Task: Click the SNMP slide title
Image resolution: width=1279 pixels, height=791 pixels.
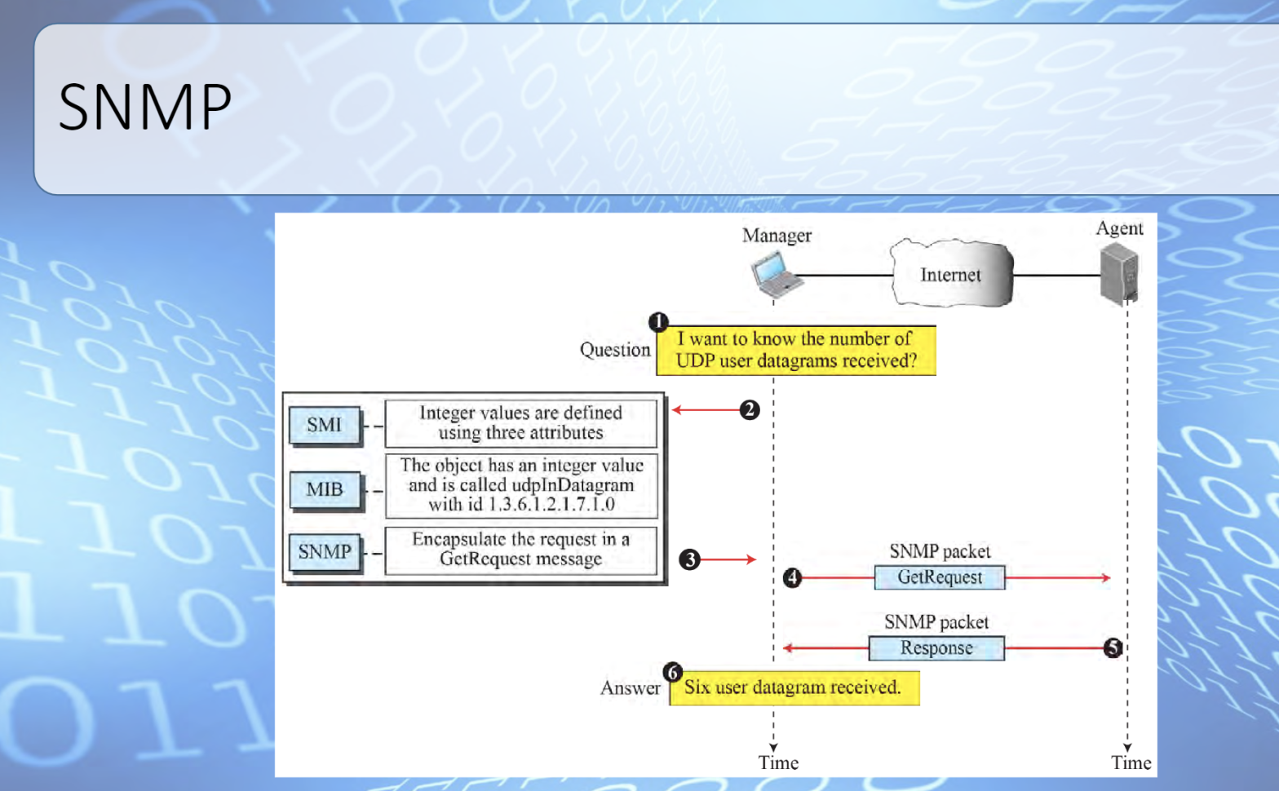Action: tap(145, 107)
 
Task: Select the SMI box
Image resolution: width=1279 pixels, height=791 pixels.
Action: tap(325, 425)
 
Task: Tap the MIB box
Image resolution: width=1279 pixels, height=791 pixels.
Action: tap(325, 489)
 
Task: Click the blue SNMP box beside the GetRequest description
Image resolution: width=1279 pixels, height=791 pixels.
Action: tap(325, 552)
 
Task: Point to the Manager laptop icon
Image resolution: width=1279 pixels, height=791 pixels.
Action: tap(776, 275)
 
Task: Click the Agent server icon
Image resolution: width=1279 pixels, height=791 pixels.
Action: tap(1118, 275)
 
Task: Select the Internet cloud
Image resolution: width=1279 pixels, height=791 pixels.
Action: tap(951, 274)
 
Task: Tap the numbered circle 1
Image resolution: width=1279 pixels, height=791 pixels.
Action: tap(658, 322)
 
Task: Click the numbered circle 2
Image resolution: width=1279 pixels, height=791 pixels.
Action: tap(750, 409)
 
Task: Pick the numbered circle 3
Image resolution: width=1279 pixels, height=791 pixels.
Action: tap(690, 559)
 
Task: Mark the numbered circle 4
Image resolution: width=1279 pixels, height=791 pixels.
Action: tap(792, 578)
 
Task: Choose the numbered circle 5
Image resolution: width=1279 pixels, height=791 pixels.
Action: tap(1113, 648)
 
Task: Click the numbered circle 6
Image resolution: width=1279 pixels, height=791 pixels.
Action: tap(672, 672)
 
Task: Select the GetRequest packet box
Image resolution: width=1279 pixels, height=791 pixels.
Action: tap(940, 577)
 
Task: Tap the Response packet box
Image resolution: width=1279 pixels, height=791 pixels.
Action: tap(936, 648)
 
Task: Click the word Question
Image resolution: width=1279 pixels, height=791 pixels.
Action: tap(615, 350)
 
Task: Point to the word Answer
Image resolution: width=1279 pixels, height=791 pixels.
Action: tap(631, 688)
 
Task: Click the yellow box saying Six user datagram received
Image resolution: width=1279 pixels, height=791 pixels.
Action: tap(794, 688)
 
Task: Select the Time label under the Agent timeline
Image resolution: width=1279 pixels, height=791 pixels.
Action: tap(1131, 763)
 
